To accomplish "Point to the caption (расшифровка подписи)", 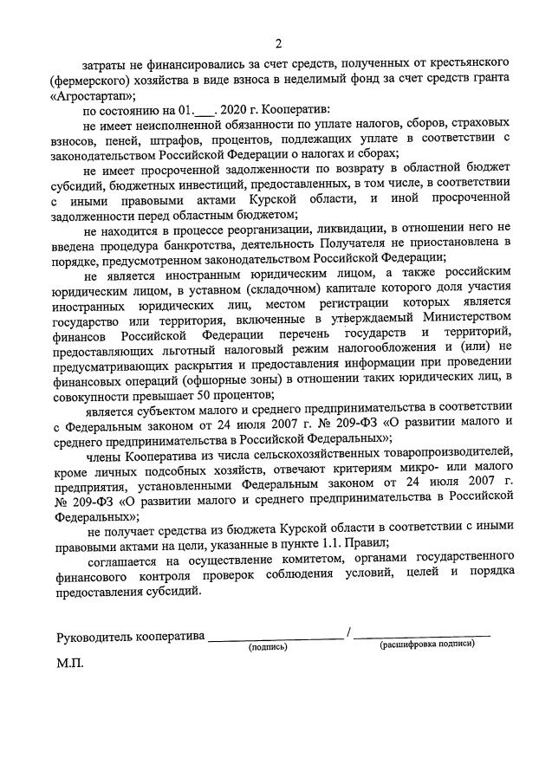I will click(x=427, y=645).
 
